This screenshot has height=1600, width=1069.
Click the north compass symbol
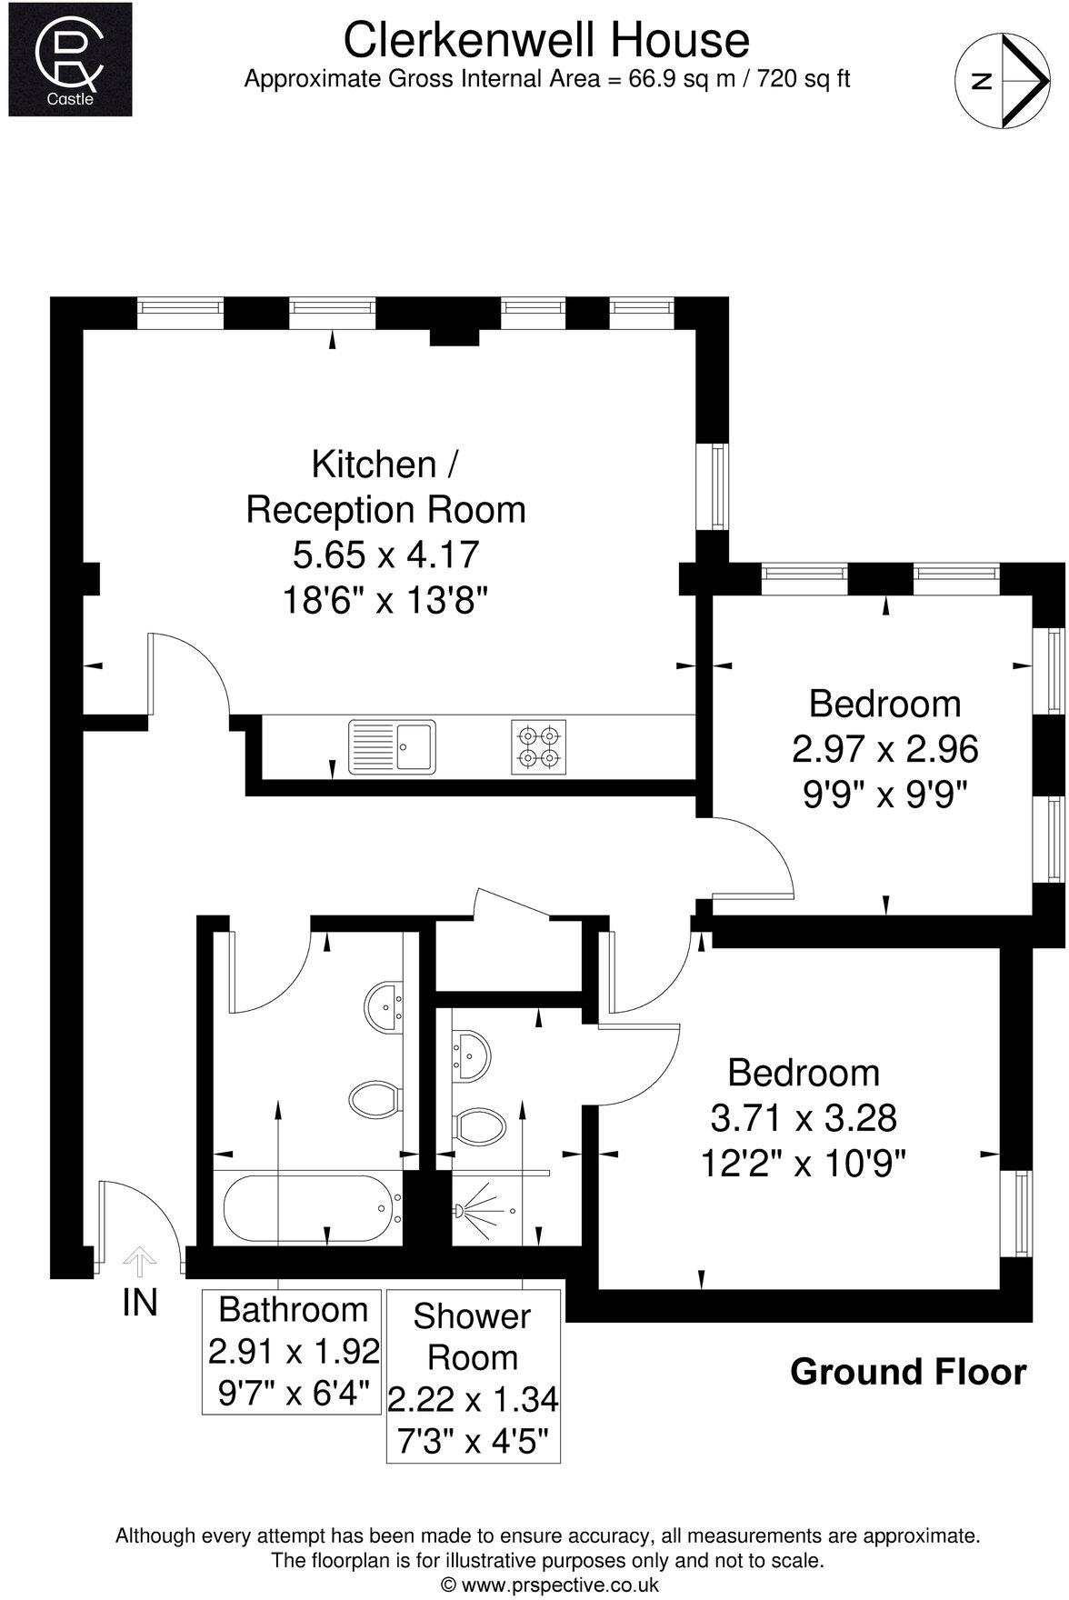999,80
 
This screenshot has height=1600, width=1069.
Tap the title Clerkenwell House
546,41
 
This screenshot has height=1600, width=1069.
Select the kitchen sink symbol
392,746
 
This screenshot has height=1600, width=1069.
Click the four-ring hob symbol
539,746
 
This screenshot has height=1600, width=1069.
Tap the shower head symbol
464,1210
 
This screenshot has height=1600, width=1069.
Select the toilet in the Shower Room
480,1127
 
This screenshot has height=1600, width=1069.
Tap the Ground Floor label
908,1372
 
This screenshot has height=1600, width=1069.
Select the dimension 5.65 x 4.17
385,554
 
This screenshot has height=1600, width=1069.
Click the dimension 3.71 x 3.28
804,1117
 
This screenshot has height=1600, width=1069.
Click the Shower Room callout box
473,1374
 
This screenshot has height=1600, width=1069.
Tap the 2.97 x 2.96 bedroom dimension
884,749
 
